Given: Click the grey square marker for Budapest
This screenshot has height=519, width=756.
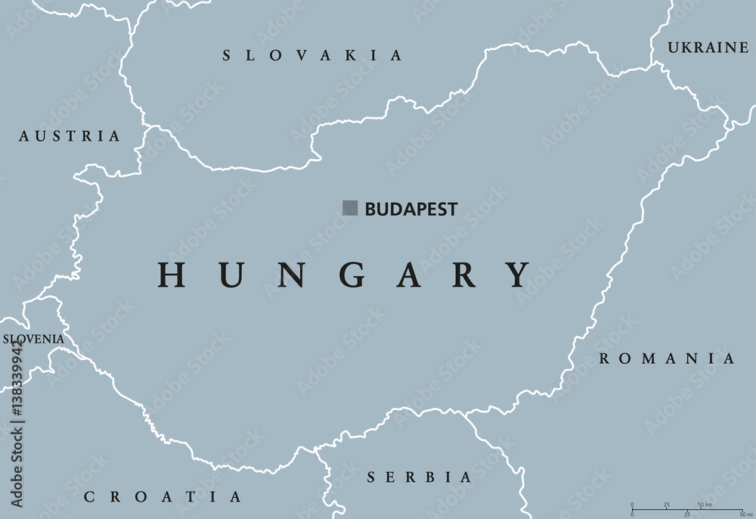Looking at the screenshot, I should [350, 208].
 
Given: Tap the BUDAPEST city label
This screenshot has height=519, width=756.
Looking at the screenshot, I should [411, 210].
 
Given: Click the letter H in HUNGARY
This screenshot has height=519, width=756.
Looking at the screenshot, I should [172, 274].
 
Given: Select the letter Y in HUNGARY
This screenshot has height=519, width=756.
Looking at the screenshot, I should [518, 274].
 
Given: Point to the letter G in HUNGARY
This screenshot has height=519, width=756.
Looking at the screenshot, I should [345, 274].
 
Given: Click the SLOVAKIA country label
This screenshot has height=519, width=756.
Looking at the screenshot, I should [312, 55].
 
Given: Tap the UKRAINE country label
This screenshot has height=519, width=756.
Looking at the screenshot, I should [708, 48].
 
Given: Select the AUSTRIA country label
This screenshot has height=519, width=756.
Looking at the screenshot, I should [70, 136].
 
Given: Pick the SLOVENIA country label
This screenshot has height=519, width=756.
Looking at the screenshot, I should [33, 339].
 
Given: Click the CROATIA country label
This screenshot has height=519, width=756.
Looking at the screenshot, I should [163, 497].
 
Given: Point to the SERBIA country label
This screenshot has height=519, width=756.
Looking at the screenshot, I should [419, 477].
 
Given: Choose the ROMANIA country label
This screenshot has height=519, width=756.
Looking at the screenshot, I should [666, 359].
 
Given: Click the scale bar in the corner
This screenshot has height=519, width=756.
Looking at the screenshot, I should [686, 510].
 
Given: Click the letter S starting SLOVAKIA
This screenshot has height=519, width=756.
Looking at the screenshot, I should [227, 55].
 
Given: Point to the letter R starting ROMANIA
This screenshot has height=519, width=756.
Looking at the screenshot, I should [605, 359].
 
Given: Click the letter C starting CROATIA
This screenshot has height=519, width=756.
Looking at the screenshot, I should [89, 497].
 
